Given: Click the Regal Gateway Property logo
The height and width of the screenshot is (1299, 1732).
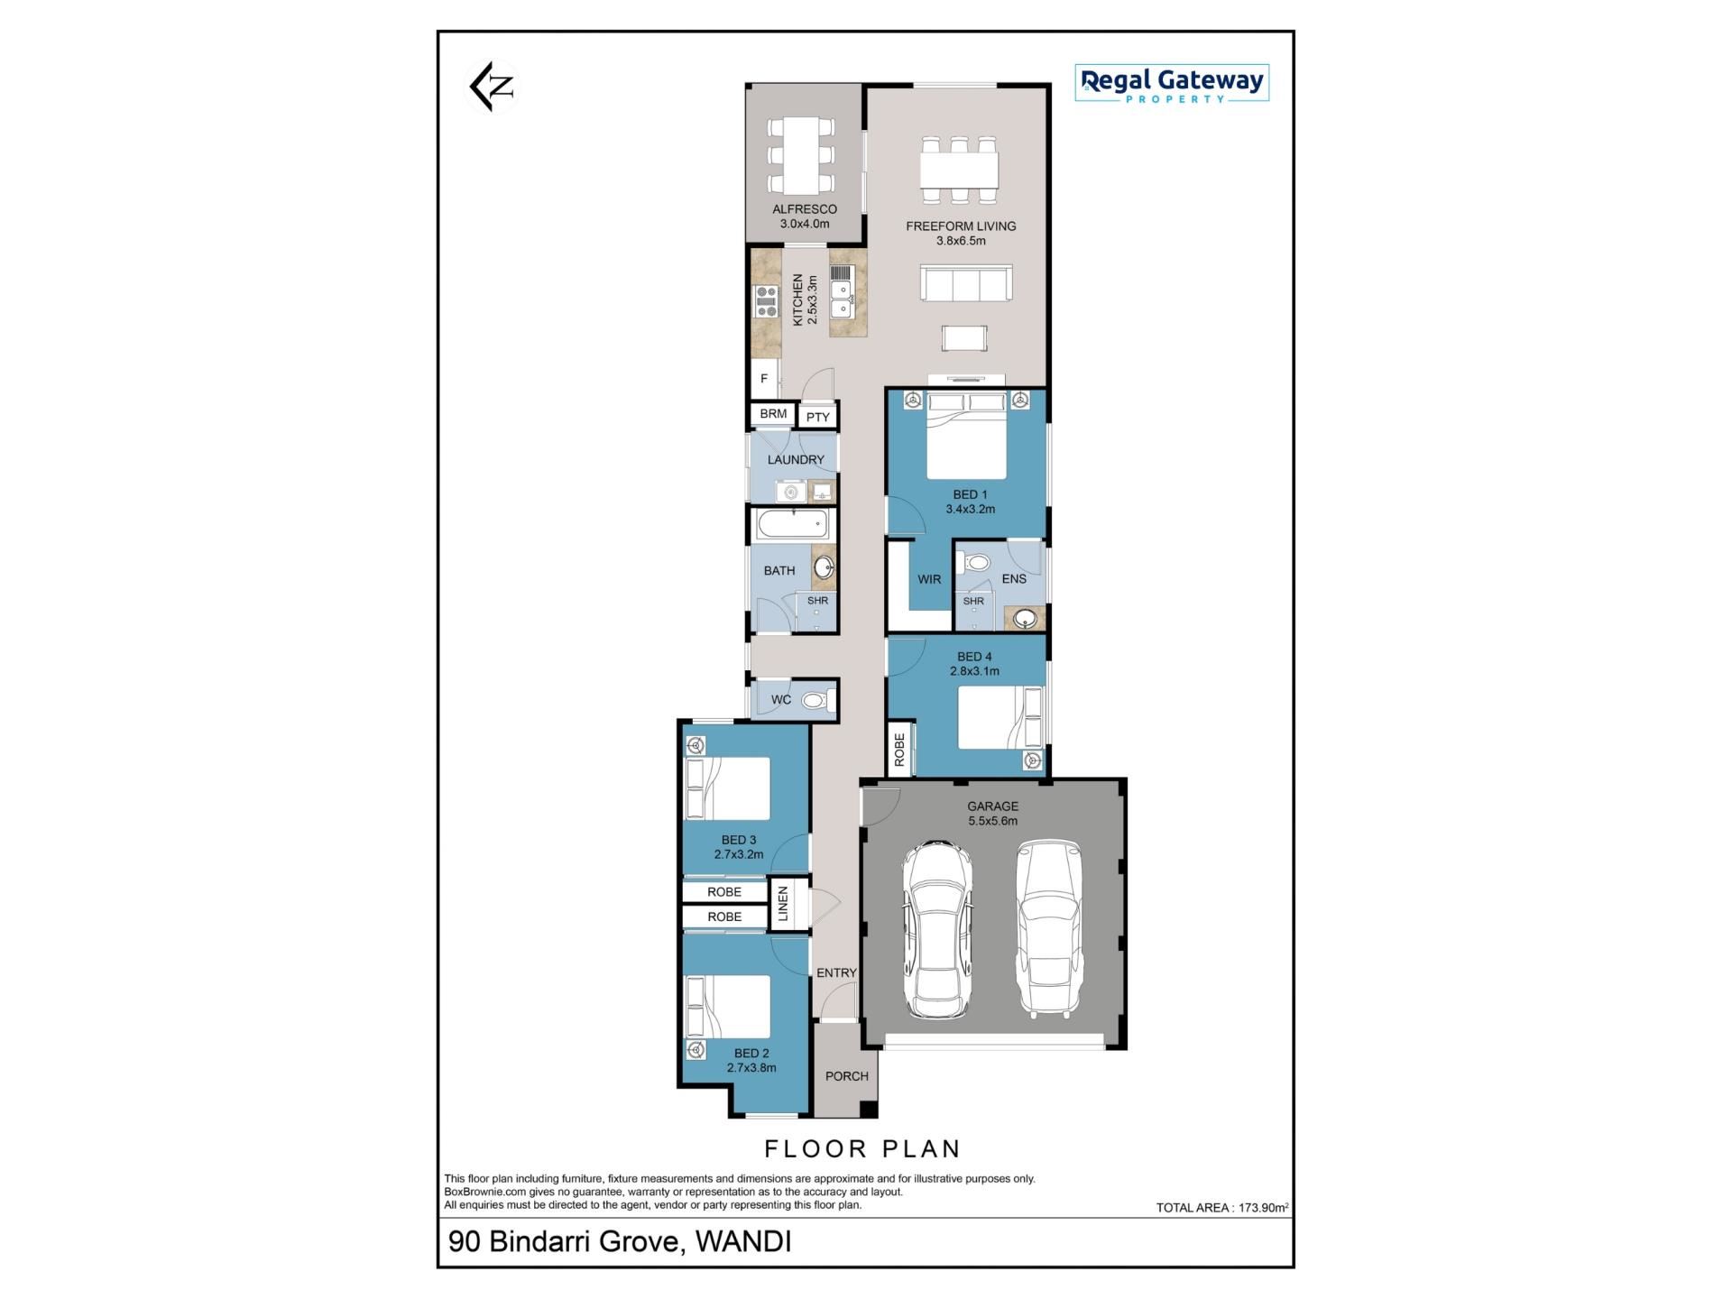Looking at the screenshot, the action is tap(1172, 83).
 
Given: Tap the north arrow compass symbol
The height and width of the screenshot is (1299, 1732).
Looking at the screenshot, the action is tap(492, 87).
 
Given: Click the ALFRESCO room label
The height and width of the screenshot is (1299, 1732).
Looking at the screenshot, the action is tap(805, 209).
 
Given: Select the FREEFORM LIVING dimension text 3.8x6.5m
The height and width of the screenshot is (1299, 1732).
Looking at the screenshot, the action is tap(961, 241).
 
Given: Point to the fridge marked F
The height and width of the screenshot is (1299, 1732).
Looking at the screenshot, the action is tap(764, 379).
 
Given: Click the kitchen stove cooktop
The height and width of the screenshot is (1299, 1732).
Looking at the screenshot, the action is tap(766, 300).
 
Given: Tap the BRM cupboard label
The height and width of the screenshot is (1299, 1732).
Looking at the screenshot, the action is tap(773, 414).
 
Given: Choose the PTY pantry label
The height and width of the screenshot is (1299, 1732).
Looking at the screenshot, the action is tap(818, 417).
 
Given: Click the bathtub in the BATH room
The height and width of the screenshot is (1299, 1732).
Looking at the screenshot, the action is tap(793, 523).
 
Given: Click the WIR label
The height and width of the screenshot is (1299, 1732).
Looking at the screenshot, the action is tap(929, 579).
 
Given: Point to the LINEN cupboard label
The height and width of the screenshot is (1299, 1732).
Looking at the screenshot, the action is tap(783, 904).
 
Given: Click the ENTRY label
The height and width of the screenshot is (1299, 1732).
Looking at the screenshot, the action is tap(836, 972).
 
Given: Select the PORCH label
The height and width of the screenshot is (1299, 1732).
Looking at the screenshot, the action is tap(847, 1076).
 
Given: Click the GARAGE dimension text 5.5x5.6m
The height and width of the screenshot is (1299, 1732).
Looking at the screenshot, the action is tap(992, 821).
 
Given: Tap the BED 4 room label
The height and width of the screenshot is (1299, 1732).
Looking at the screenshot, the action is tap(974, 657).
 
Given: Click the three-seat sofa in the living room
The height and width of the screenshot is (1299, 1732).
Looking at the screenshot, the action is tap(966, 282).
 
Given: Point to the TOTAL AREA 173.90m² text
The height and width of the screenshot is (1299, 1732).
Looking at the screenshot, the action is tap(1222, 1207).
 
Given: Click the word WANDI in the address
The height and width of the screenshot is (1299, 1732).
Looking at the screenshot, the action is tap(744, 1242).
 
